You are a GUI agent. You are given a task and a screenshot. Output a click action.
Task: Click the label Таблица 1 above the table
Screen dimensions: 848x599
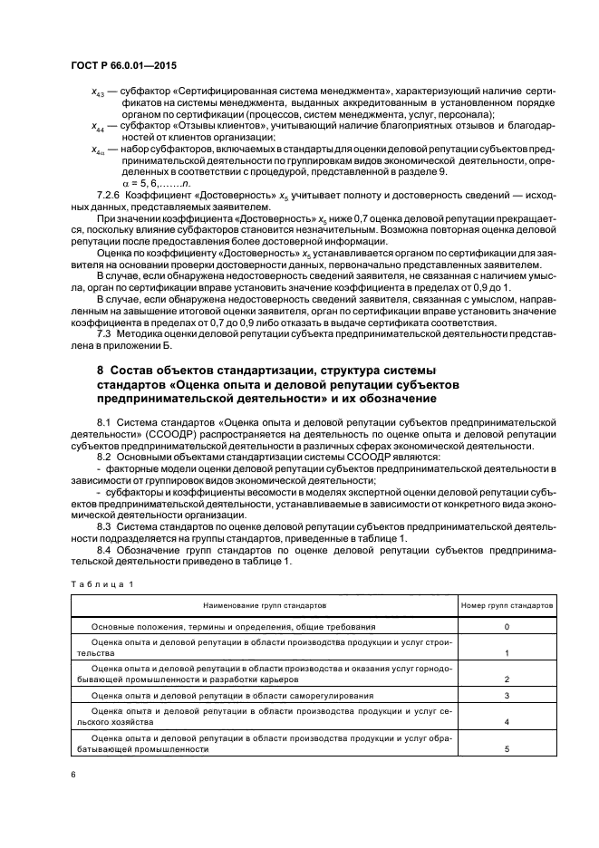[x=101, y=583]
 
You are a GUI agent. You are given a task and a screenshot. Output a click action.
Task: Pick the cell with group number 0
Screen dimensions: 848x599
[x=507, y=626]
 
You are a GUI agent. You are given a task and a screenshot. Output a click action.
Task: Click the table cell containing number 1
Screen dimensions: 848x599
[x=507, y=652]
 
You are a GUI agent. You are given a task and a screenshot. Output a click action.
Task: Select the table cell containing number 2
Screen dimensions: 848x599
[x=507, y=679]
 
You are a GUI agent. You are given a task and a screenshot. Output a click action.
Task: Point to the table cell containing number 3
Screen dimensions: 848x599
[x=507, y=696]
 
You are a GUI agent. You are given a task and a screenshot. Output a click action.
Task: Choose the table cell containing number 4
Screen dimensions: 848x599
[x=507, y=722]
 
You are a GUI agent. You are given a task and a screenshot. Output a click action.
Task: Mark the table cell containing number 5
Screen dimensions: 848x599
[x=507, y=749]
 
